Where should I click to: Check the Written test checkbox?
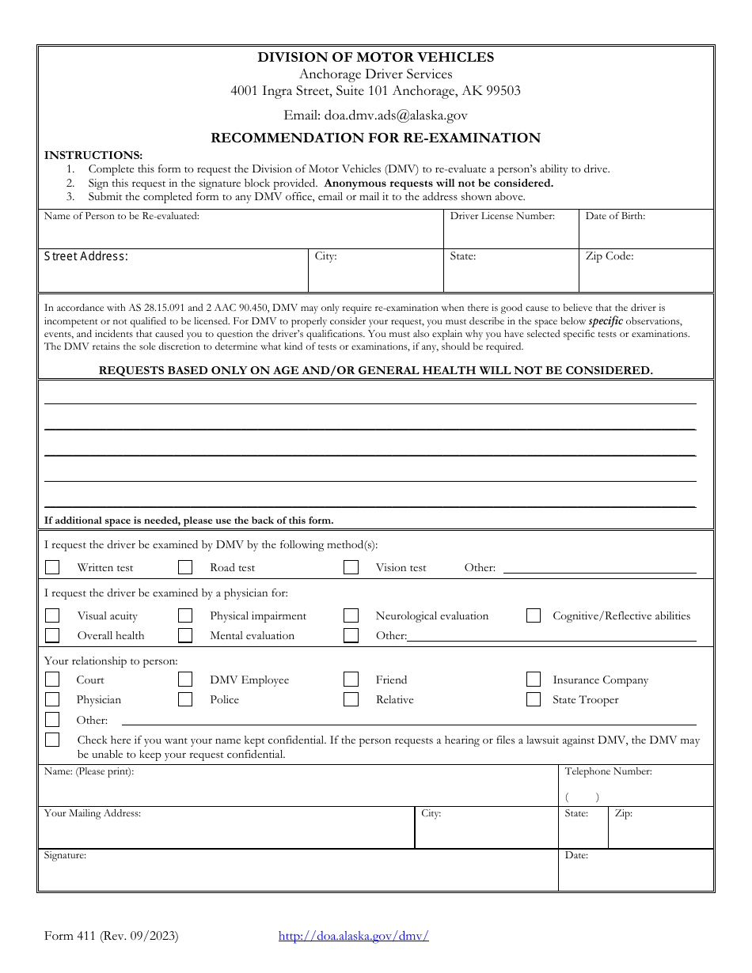point(52,567)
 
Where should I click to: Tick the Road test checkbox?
point(185,567)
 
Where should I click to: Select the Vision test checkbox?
point(351,567)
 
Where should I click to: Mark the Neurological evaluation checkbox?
point(351,615)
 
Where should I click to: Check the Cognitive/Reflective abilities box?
point(534,615)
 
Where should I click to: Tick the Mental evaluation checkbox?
point(185,635)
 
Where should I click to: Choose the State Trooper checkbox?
point(534,699)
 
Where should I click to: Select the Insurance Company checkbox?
point(534,680)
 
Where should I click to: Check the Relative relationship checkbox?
point(351,699)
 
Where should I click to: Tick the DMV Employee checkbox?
point(185,680)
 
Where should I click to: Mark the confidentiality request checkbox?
point(52,740)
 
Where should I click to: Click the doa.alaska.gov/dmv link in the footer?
point(353,936)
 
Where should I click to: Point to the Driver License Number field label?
point(503,216)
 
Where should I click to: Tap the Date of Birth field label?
point(615,216)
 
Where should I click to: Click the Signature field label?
point(65,855)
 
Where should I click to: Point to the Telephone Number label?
point(608,771)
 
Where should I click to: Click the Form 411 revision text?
point(112,936)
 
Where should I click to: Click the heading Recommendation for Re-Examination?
point(375,138)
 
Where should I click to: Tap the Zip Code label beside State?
point(610,256)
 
